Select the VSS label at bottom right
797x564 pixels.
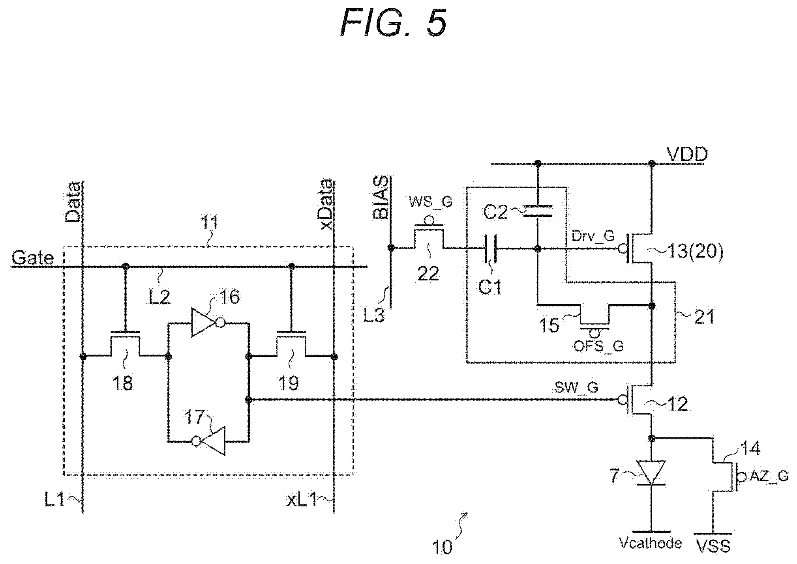(714, 546)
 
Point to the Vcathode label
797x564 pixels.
(650, 543)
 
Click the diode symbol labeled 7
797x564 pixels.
(651, 472)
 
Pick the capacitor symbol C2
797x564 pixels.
(537, 211)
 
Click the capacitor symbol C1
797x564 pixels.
(489, 249)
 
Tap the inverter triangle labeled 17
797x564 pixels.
(208, 441)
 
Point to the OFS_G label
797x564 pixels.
(598, 346)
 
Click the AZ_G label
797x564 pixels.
(769, 476)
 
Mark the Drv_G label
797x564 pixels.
(593, 236)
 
